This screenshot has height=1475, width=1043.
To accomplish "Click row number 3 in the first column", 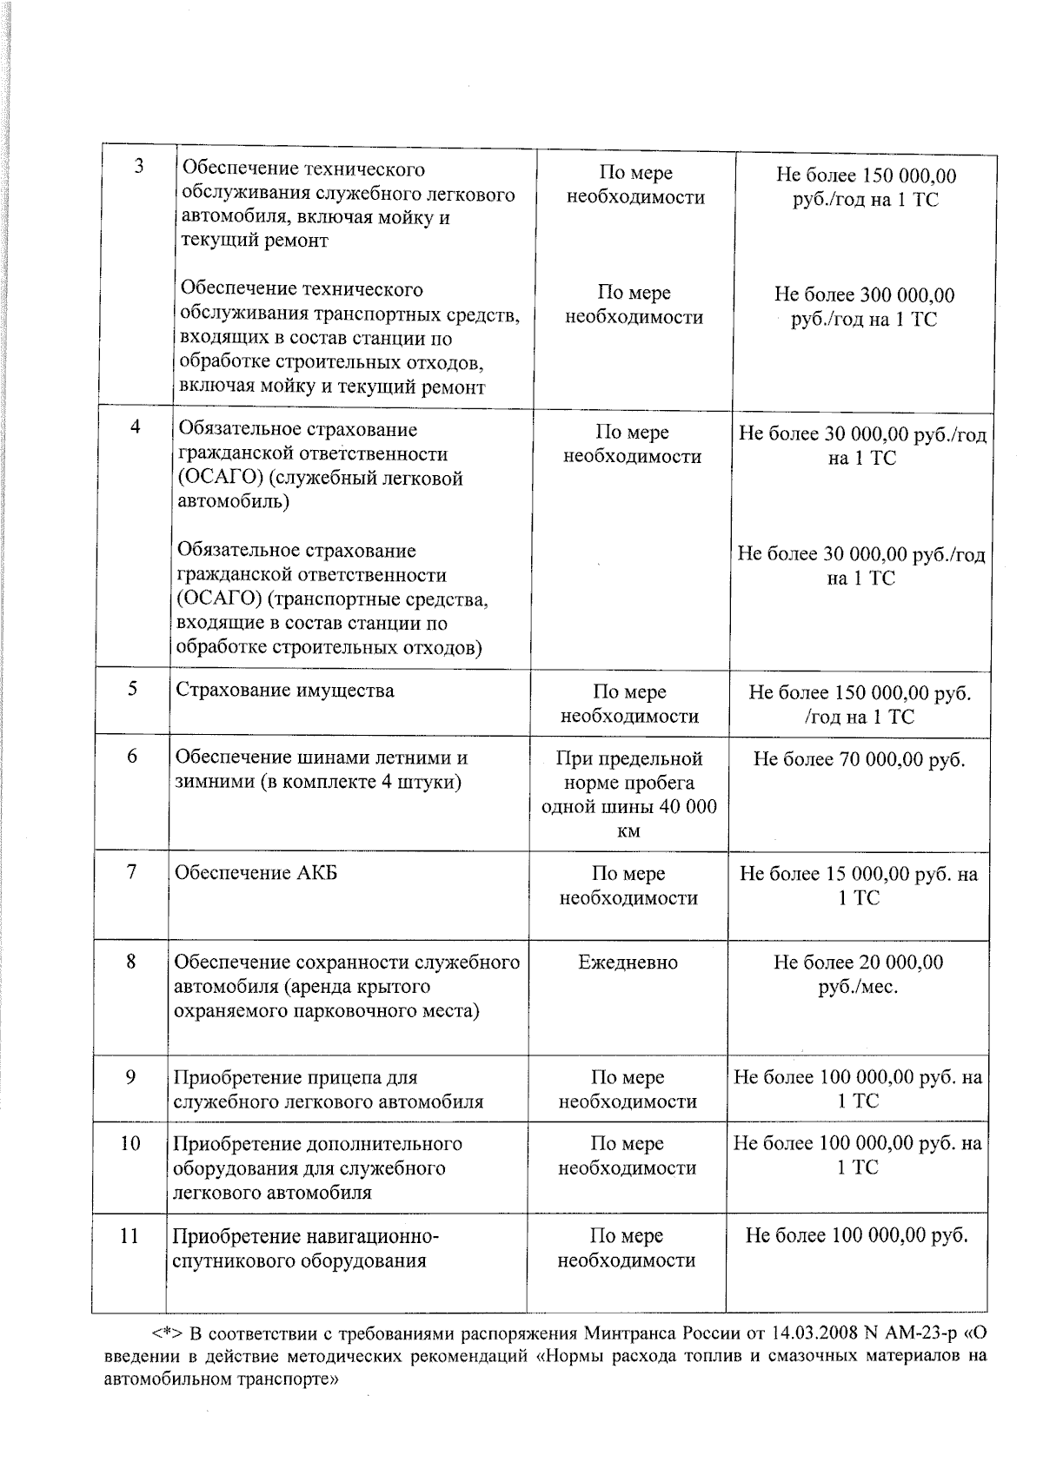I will [x=139, y=167].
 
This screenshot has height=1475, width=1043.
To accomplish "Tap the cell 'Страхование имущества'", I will [x=284, y=691].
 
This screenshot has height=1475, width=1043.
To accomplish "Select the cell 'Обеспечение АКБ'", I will [x=256, y=873].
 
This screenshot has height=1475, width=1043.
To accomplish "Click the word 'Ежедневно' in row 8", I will [x=628, y=962].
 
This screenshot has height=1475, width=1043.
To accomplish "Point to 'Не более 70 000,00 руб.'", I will [x=859, y=759].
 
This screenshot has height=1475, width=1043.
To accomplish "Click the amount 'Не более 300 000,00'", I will [x=864, y=295].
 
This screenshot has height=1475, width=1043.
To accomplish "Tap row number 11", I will [x=130, y=1235].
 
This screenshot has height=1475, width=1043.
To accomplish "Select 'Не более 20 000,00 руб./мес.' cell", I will [x=858, y=975].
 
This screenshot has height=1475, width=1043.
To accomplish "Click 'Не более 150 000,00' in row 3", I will [x=866, y=176].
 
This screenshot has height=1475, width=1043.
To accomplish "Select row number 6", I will [x=132, y=756].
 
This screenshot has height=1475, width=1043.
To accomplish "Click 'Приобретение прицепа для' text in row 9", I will [x=296, y=1078].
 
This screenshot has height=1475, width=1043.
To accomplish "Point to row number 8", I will [x=131, y=962].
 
